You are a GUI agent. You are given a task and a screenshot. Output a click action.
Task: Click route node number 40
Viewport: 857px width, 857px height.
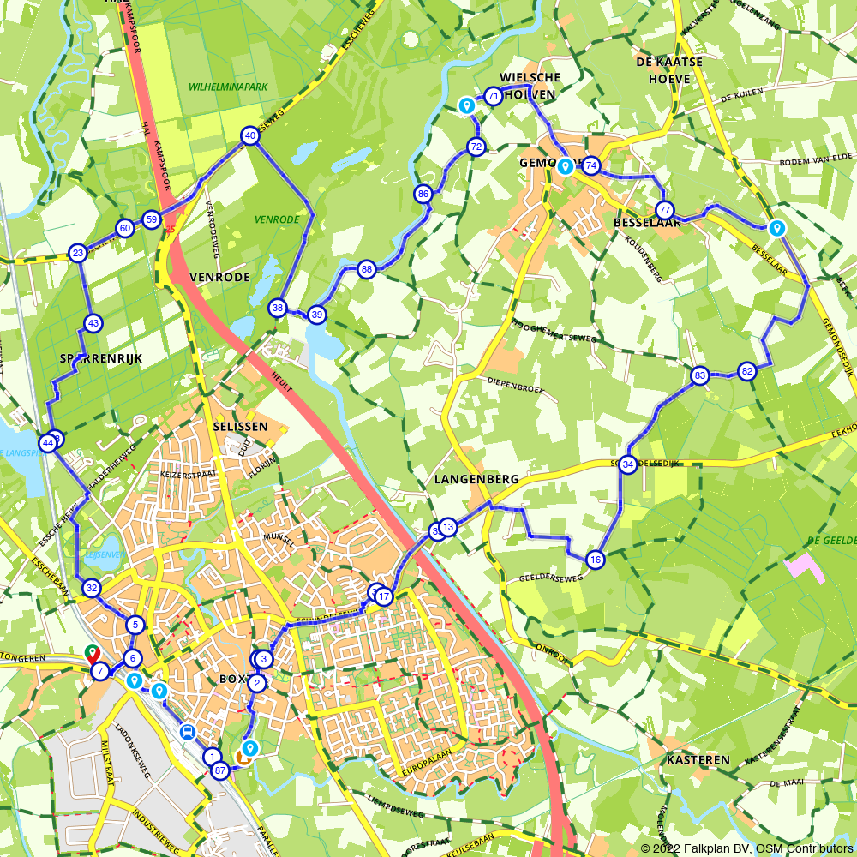click(x=249, y=135)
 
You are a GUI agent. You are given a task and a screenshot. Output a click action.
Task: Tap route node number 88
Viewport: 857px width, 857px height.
click(x=367, y=269)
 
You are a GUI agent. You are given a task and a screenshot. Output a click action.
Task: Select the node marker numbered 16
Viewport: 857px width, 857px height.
click(x=596, y=560)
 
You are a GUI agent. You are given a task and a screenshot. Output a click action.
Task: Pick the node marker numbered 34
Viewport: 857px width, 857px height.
click(x=628, y=464)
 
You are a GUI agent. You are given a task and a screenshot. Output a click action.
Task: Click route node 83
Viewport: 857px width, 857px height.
click(x=700, y=375)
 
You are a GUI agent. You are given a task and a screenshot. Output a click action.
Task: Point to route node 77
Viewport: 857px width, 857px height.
click(x=664, y=210)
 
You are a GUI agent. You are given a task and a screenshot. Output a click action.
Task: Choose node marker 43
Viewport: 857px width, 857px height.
click(x=93, y=323)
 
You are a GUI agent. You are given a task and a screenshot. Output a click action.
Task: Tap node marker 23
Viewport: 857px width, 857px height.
click(x=78, y=253)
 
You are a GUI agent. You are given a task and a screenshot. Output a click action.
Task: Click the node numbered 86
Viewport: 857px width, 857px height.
click(x=423, y=195)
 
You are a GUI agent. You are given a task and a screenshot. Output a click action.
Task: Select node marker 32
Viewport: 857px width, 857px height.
click(x=92, y=588)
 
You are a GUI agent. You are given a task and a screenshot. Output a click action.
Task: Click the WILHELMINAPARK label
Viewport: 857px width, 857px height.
click(x=229, y=87)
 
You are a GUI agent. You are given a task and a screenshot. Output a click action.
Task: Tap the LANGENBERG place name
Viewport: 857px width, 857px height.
click(x=476, y=480)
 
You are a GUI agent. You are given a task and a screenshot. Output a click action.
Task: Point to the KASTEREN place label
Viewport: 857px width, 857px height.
click(x=702, y=760)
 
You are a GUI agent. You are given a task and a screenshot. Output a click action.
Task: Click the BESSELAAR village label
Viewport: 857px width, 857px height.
click(x=647, y=224)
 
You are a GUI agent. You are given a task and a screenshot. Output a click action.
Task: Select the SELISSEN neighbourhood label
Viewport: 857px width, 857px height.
click(x=241, y=426)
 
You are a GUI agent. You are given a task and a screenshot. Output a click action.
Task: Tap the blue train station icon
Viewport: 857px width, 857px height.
click(x=187, y=731)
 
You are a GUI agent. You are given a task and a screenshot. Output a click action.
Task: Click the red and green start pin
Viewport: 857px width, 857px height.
click(x=92, y=655)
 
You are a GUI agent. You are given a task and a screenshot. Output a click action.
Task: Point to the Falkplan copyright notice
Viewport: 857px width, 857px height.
click(x=747, y=848)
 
